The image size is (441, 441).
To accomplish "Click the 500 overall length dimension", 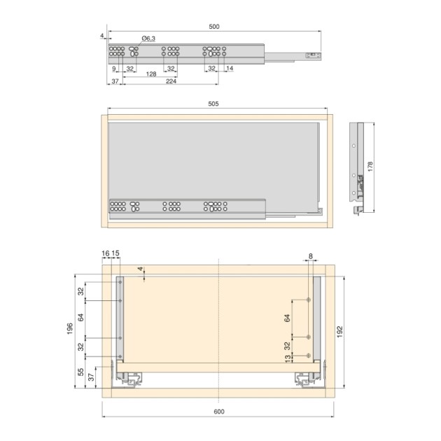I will click(214, 27).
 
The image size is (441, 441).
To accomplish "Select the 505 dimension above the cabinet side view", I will click(213, 104).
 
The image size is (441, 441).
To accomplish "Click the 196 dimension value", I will click(70, 329).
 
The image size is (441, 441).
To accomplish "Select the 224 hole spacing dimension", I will click(170, 81).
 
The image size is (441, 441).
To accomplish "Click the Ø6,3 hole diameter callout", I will click(148, 38).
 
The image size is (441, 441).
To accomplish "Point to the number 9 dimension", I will click(113, 68).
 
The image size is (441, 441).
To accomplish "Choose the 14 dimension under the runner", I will click(230, 68).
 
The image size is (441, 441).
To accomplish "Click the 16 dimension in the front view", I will click(105, 253).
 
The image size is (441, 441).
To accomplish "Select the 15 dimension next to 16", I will click(116, 253).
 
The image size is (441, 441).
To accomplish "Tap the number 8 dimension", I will click(310, 257).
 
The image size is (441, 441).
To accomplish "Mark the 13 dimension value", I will click(288, 357).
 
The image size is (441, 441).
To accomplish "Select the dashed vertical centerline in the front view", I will click(219, 329).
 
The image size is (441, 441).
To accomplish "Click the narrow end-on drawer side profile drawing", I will click(359, 168).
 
